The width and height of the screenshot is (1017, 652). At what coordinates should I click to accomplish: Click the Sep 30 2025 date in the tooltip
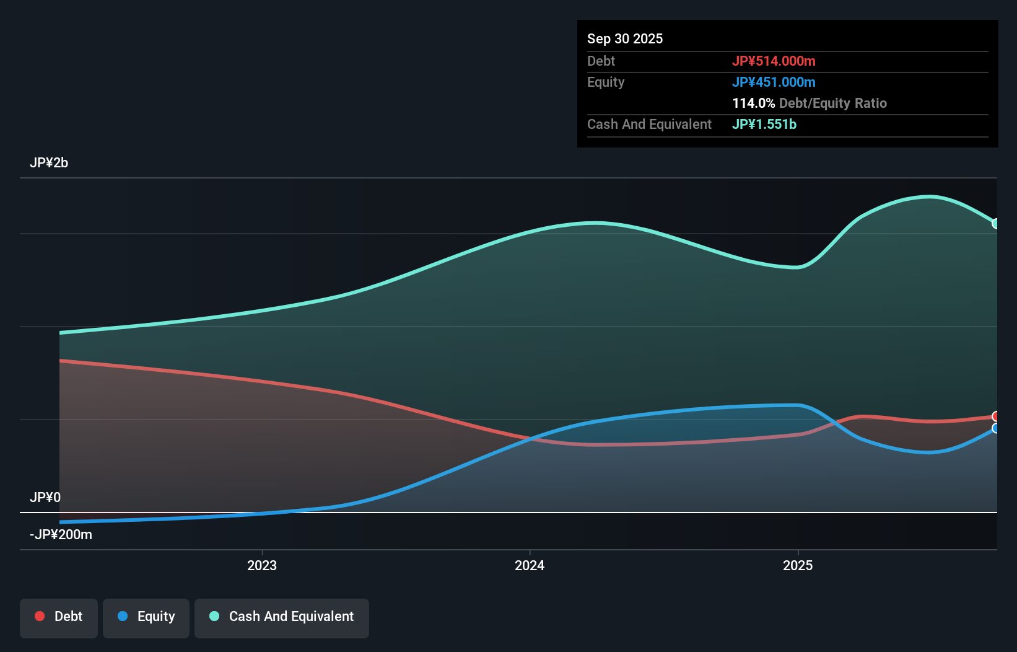click(624, 38)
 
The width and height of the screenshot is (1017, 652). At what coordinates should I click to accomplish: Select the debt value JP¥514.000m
click(773, 61)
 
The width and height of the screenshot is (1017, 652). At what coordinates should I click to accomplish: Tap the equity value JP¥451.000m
click(773, 82)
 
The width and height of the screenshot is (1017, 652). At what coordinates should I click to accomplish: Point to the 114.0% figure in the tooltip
click(753, 103)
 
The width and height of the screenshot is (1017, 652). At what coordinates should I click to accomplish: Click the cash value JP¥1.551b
click(764, 124)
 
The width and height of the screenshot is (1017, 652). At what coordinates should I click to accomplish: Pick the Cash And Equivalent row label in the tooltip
click(649, 124)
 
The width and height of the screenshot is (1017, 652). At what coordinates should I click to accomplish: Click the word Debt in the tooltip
click(601, 61)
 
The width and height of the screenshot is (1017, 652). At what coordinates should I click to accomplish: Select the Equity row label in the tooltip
click(605, 82)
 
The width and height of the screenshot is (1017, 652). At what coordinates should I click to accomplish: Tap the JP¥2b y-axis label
click(49, 162)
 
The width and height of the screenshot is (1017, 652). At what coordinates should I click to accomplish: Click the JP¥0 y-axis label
click(45, 497)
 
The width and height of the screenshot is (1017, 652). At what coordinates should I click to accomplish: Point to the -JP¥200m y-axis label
click(61, 534)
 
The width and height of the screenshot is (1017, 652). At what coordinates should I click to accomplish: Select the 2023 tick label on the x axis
click(262, 565)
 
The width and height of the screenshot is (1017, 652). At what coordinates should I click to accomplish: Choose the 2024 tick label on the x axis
click(530, 565)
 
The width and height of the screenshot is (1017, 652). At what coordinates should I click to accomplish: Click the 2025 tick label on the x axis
click(798, 565)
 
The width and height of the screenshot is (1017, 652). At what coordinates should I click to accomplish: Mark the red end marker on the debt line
click(995, 416)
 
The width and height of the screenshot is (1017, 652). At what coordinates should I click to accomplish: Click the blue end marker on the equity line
click(995, 428)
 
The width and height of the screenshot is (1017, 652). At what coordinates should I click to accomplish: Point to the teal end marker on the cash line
click(995, 224)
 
